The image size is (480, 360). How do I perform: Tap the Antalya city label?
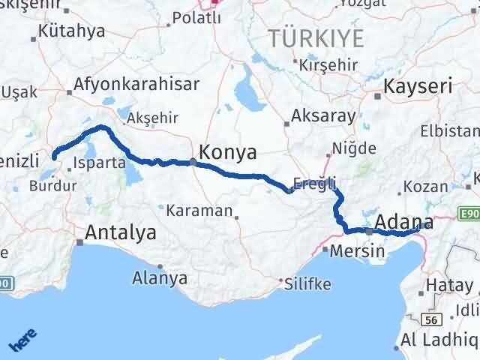pos(121,233)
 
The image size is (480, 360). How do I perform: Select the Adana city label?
pos(402,222)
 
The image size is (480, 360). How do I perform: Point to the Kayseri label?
pos(418,86)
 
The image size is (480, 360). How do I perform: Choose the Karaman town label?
pos(199,211)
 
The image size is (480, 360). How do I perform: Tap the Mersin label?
pos(352,250)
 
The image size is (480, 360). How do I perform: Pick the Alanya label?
pos(160,278)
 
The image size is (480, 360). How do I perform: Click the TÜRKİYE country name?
pos(317,38)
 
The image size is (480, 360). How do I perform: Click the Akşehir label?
pos(152,118)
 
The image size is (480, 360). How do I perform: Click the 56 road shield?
pos(430,319)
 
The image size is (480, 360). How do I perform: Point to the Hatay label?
pos(450,285)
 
